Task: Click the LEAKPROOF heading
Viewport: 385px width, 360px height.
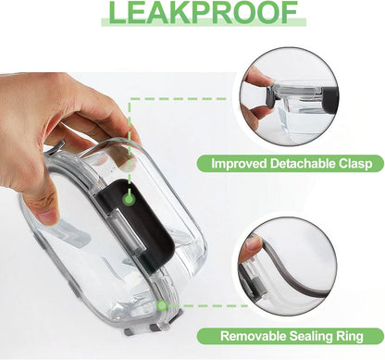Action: point(203,12)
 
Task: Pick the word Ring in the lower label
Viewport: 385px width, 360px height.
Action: point(349,337)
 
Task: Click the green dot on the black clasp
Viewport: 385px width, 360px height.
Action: point(130,200)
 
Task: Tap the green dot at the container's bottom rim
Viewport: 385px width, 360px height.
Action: point(162,305)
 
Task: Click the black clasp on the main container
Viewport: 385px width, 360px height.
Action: point(136,222)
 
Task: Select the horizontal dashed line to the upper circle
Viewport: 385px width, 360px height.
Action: point(179,99)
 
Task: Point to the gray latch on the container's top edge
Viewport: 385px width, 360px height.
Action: point(56,147)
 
